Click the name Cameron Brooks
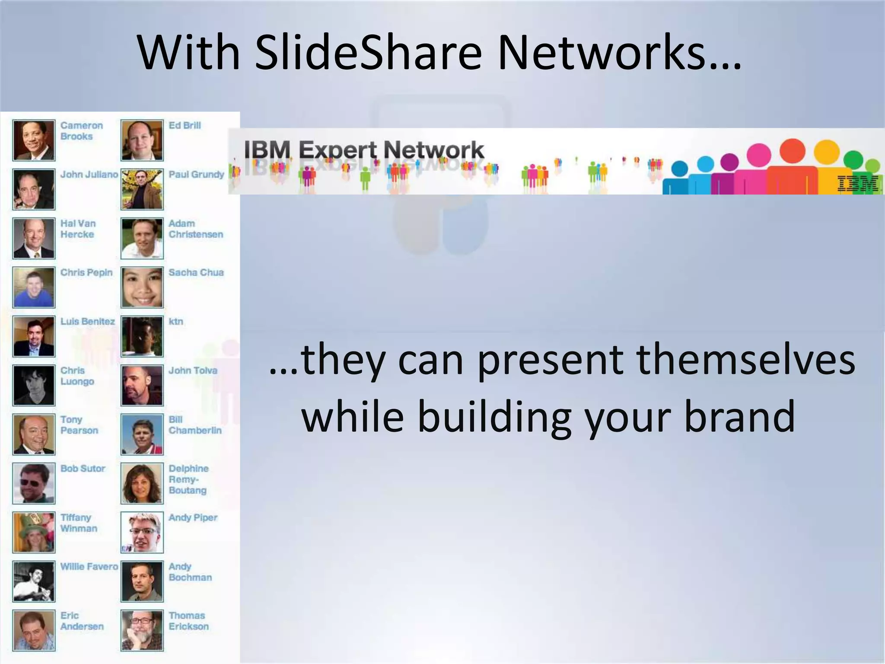(x=81, y=131)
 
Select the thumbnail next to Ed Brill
(x=142, y=140)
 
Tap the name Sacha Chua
(x=196, y=272)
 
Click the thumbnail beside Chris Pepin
(x=34, y=287)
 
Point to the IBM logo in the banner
(x=857, y=183)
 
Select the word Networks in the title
(x=619, y=53)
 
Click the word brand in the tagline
(x=739, y=416)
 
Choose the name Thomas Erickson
(x=188, y=621)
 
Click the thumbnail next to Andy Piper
(x=142, y=532)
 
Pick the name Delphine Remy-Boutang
(x=188, y=479)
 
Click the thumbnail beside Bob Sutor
(x=34, y=483)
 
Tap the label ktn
(x=176, y=321)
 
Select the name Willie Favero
(x=89, y=566)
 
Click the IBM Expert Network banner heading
(x=363, y=150)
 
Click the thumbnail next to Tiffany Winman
(x=34, y=532)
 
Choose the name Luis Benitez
(x=87, y=321)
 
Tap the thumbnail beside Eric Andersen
(x=34, y=630)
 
